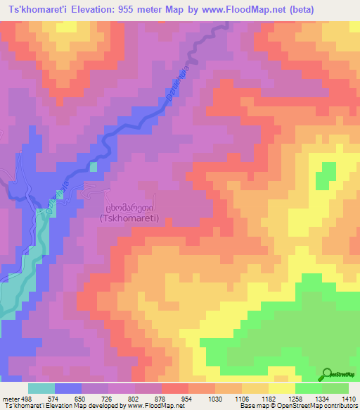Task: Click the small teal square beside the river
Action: coord(94,167)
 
